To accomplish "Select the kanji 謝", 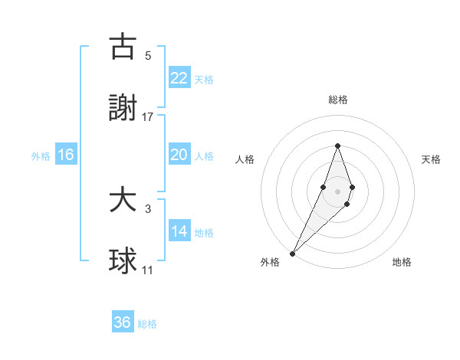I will pos(123,109).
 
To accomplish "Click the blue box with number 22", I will pos(179,77).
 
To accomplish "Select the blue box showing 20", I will pos(179,155).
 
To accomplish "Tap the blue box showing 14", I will pos(179,231).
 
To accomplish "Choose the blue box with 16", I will pos(66,155).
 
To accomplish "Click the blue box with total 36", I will pos(123,322).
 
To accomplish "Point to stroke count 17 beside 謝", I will pos(148,117).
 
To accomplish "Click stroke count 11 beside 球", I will pos(148,270).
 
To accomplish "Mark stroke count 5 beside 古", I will pos(148,55).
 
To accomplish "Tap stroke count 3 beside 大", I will pos(148,208).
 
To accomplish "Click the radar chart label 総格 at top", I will pos(337,100).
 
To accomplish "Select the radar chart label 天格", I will pos(431,159).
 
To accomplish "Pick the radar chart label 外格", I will pos(270,262).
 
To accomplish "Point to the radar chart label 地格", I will pos(402,262).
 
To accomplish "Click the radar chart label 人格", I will pos(245,159).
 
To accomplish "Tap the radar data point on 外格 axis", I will pos(293,253).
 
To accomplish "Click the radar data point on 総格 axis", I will pos(337,146).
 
